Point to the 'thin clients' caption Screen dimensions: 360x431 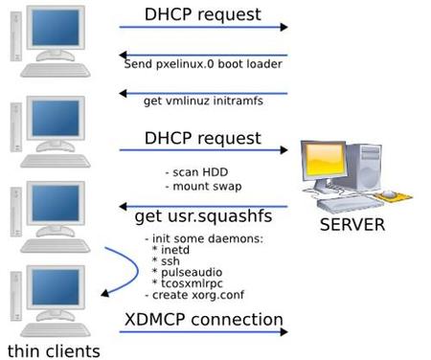pos(53,349)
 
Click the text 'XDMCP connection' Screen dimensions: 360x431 pos(203,319)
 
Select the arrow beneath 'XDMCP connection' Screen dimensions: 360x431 pos(203,334)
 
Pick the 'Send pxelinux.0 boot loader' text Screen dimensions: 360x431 pos(203,64)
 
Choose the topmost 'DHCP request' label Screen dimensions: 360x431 pos(202,14)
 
